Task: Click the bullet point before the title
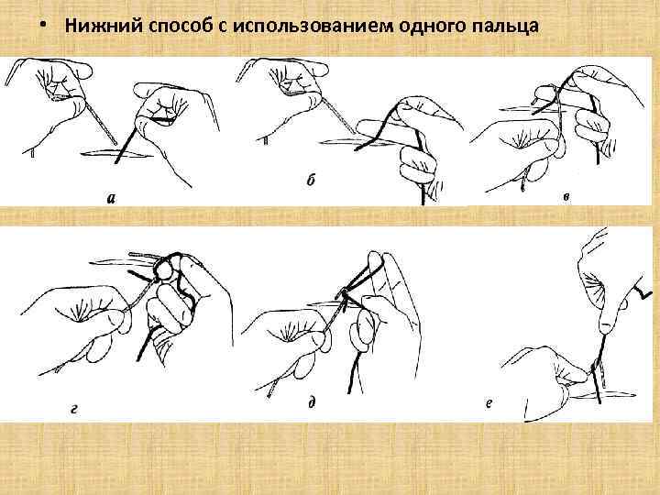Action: pyautogui.click(x=42, y=25)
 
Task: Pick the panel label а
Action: pyautogui.click(x=111, y=198)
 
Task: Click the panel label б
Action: pyautogui.click(x=311, y=180)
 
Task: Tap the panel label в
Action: pyautogui.click(x=567, y=196)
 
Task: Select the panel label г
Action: pyautogui.click(x=74, y=408)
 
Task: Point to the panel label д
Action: pyautogui.click(x=312, y=402)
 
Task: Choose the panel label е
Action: pyautogui.click(x=489, y=403)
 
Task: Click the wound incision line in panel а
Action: pyautogui.click(x=116, y=154)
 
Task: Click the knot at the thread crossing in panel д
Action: pyautogui.click(x=345, y=293)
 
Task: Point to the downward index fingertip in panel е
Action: pyautogui.click(x=606, y=327)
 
